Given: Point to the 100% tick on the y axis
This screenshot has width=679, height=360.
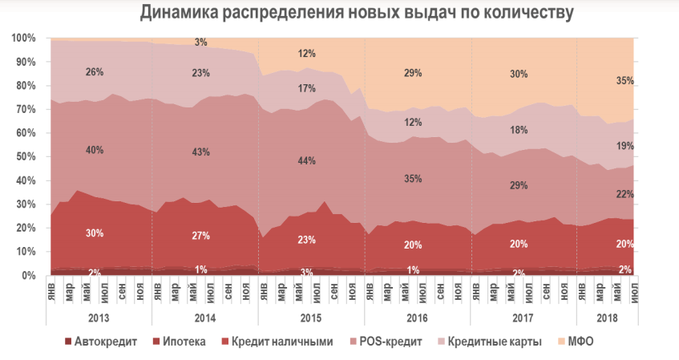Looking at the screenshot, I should point(23,38).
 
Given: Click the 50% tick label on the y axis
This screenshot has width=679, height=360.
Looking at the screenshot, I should point(26,157).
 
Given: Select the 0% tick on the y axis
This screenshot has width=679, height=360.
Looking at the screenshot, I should point(29,275).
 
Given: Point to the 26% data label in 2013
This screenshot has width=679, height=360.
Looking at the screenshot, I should point(94,72).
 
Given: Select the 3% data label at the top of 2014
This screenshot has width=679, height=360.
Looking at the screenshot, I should point(200,42).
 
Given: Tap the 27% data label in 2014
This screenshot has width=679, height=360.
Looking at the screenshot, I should point(200,236).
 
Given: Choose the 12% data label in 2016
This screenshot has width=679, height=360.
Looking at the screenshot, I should point(414,122).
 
